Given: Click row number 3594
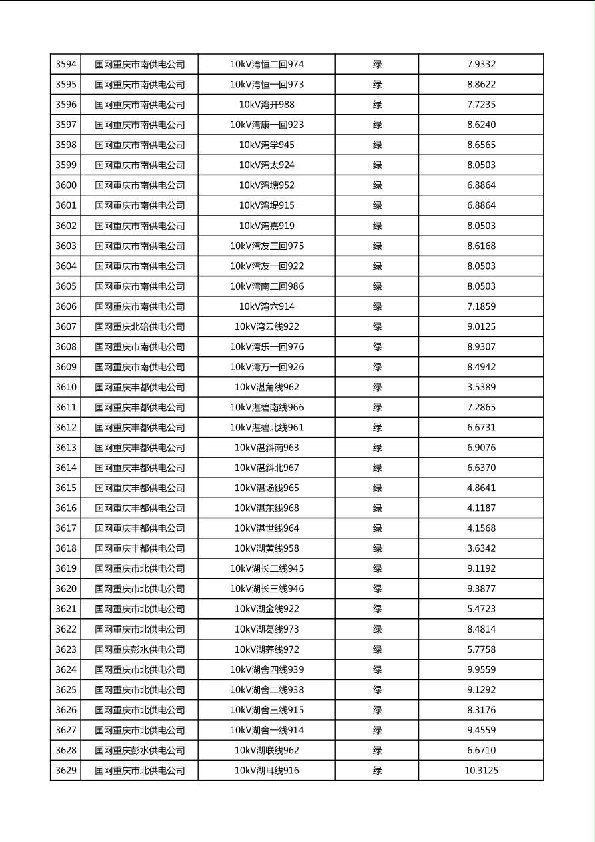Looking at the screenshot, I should tap(65, 65).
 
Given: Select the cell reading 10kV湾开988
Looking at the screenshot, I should tap(267, 105).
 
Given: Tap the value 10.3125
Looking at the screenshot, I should tap(481, 771).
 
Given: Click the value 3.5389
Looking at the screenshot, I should tap(481, 387).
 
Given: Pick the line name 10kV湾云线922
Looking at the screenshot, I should tap(267, 327).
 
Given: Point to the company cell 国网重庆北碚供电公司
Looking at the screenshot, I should tap(139, 327).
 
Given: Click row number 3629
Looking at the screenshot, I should tap(65, 771).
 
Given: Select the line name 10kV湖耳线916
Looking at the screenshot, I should tap(267, 771).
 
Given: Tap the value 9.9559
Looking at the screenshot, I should tap(481, 670).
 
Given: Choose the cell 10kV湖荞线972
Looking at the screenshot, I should tap(267, 649).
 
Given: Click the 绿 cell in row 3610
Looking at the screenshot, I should tap(377, 387).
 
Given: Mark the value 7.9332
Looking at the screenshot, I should tap(481, 65).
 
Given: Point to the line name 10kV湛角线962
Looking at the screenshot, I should tap(267, 387).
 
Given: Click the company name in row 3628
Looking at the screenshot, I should tap(139, 751).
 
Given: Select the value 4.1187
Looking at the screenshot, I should tap(481, 508).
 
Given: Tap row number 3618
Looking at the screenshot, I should tap(65, 548).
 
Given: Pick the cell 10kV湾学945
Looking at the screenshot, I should tap(267, 145).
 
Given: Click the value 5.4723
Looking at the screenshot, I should tap(481, 609).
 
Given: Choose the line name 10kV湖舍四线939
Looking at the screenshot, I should tap(267, 670).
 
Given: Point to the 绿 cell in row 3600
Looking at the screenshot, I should tap(377, 185).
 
